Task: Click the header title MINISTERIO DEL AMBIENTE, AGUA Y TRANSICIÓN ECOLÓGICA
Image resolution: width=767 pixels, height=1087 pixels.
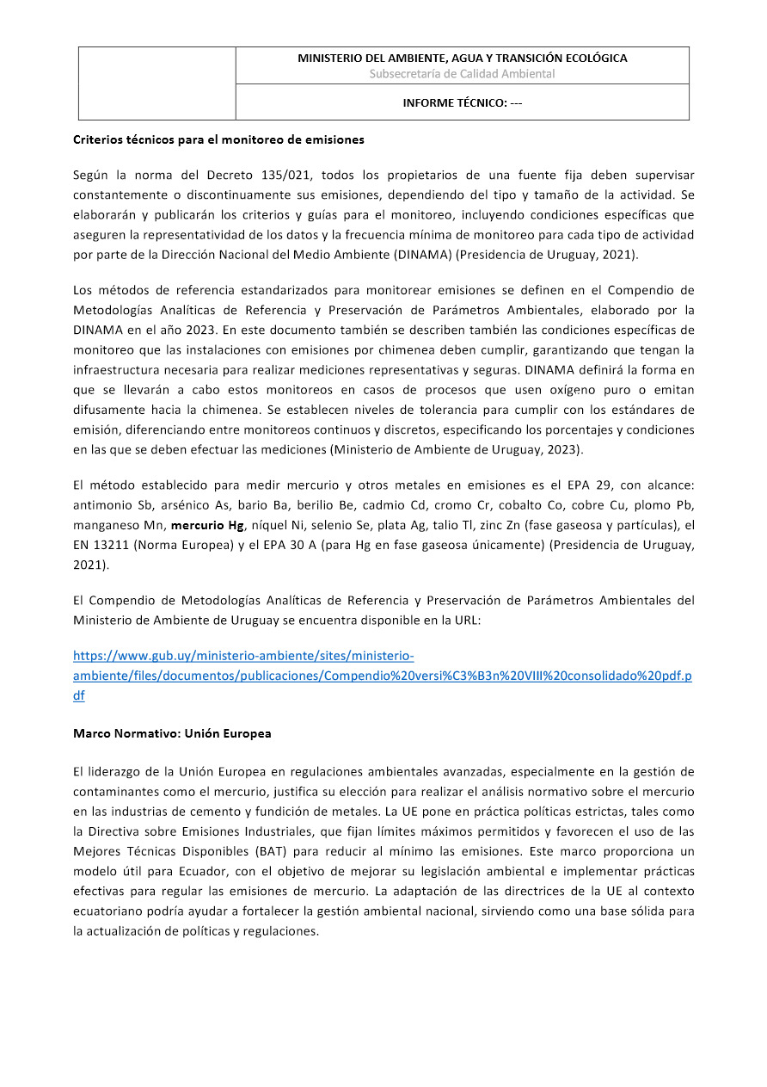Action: [x=462, y=59]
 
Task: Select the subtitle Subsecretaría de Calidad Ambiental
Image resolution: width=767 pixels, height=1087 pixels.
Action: [x=462, y=74]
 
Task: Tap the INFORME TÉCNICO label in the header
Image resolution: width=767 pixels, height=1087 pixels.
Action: [x=462, y=103]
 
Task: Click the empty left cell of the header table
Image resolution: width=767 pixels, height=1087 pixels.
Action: [x=157, y=83]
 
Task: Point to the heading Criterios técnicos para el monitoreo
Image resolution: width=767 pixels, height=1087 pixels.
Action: [x=218, y=139]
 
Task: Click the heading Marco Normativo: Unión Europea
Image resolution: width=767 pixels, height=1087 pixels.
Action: [x=172, y=734]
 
